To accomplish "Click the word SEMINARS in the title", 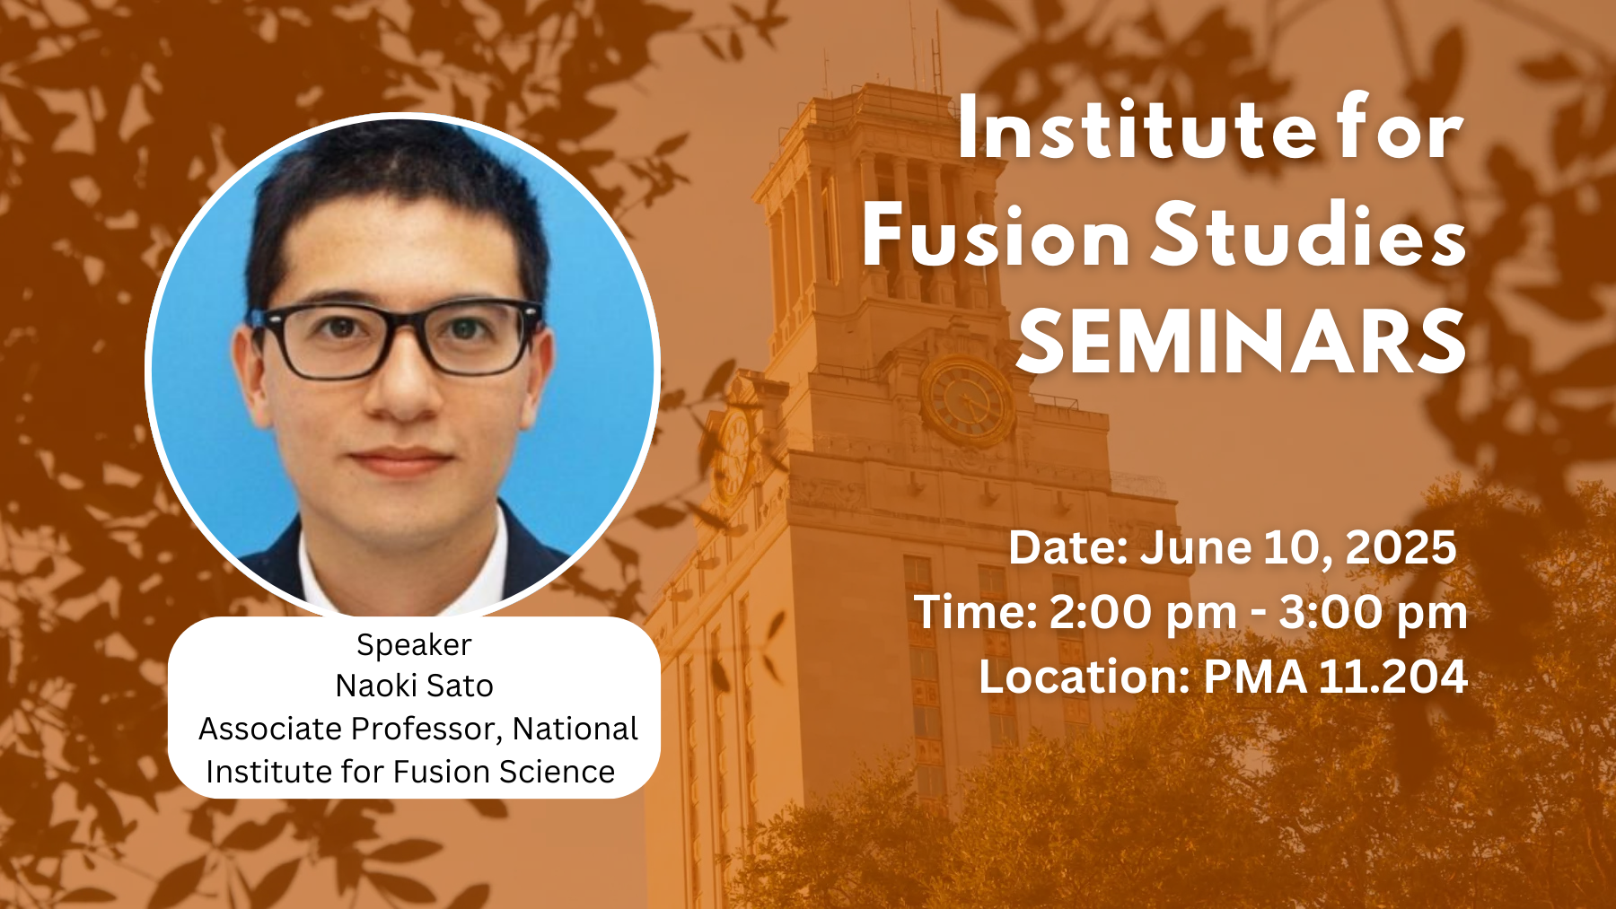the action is point(1242,342).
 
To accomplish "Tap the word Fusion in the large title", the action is point(996,236).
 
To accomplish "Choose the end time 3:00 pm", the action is point(1374,614).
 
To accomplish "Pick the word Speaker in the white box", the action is point(414,645).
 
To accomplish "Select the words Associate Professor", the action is point(350,729).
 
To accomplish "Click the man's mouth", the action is point(400,461).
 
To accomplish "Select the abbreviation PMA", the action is point(1254,676).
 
